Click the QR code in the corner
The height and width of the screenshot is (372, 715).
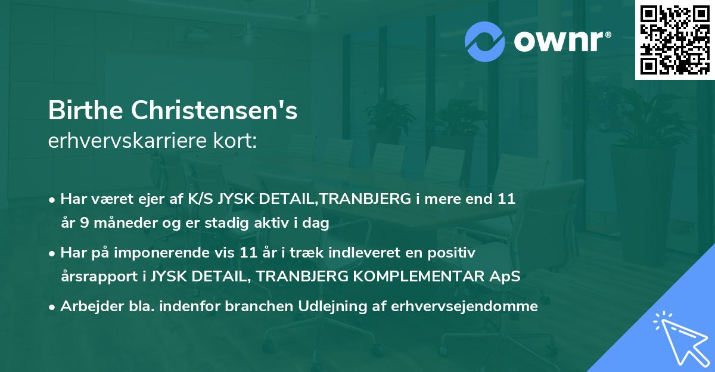[674, 39]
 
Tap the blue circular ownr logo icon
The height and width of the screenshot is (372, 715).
[485, 40]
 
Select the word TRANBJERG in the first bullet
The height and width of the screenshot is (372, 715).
[366, 200]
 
